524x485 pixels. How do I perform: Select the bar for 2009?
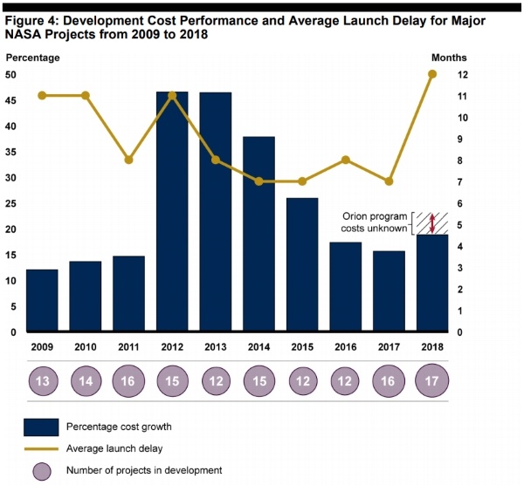point(42,301)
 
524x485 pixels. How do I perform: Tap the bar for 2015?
point(301,265)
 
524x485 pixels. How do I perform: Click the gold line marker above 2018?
point(431,74)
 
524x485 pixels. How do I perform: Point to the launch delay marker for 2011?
point(128,160)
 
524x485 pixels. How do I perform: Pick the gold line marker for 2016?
point(345,160)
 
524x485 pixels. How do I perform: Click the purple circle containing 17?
point(431,381)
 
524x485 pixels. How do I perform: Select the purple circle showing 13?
point(42,381)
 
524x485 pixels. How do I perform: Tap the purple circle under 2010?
point(86,381)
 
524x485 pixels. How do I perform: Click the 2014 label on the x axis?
point(259,346)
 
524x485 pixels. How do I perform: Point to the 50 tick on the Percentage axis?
point(10,75)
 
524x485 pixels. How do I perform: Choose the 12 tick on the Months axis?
point(464,75)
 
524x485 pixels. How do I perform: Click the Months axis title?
point(449,58)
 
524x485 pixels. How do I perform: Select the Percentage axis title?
point(33,58)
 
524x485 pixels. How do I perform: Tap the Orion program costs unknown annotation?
point(375,222)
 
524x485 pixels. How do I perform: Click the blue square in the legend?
point(40,427)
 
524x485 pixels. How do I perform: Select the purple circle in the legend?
point(40,470)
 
